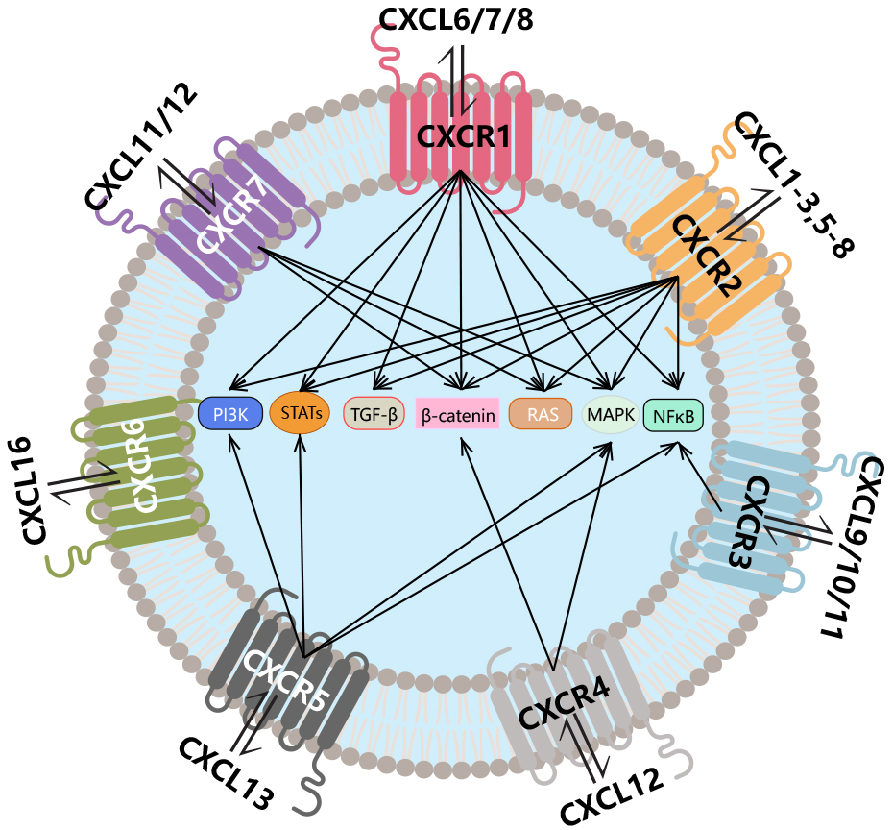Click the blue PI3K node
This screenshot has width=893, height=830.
[x=229, y=413]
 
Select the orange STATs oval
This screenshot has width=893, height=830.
[x=300, y=412]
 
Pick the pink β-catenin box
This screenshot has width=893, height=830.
[x=458, y=415]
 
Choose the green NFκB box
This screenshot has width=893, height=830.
[x=674, y=415]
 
